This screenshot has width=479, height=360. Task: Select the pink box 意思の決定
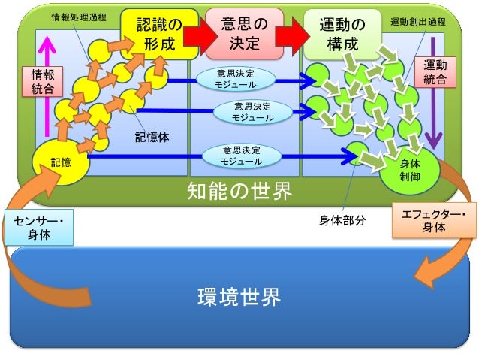click(243, 34)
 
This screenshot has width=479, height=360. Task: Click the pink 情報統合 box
click(42, 82)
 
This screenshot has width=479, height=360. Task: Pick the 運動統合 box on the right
click(435, 72)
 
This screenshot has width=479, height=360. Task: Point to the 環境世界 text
click(239, 298)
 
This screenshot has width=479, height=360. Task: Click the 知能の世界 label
click(239, 192)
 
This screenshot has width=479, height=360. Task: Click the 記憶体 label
click(152, 138)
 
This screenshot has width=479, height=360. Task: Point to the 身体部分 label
click(342, 220)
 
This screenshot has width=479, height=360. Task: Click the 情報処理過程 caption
click(78, 16)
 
